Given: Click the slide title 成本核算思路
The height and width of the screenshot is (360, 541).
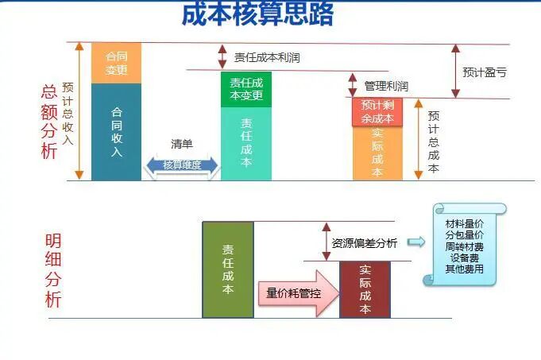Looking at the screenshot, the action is (257, 14).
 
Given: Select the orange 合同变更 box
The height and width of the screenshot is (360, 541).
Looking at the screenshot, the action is (116, 62).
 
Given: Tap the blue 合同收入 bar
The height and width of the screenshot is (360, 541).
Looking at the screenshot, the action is (116, 132).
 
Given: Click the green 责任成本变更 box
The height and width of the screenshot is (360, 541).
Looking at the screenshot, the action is (245, 89).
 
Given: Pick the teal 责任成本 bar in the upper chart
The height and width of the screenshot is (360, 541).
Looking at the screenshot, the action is (245, 143).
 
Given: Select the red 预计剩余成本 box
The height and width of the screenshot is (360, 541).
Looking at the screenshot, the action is (377, 112).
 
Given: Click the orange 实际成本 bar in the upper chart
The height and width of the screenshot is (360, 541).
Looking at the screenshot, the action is (377, 153).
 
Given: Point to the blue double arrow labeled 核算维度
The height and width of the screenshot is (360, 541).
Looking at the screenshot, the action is (181, 165).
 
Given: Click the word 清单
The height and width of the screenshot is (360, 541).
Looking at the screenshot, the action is (182, 144).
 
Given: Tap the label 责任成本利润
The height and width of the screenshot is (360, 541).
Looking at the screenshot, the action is (267, 57).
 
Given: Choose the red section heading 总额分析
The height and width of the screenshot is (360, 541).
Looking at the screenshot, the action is (49, 122).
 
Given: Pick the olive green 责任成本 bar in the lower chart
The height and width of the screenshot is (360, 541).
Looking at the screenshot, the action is (227, 269).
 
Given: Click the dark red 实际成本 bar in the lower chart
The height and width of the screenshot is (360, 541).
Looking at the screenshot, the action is (365, 288).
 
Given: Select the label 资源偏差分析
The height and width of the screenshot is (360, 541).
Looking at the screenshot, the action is (365, 243).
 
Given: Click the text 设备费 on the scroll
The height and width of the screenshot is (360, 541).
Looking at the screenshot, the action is (465, 258).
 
